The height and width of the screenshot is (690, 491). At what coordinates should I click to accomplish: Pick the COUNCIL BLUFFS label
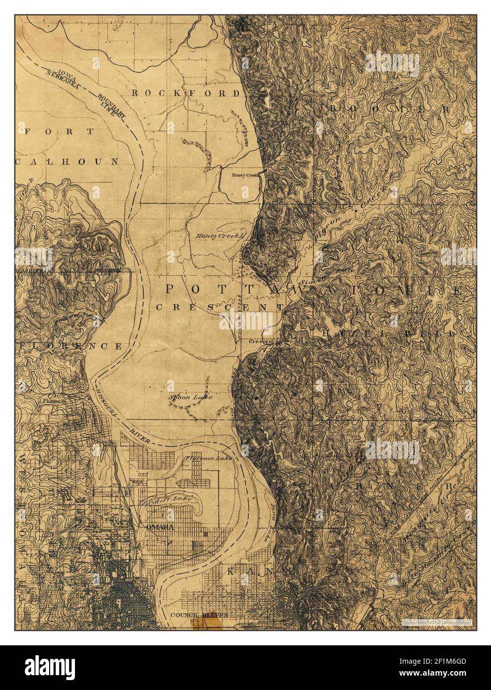[x=199, y=615]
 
